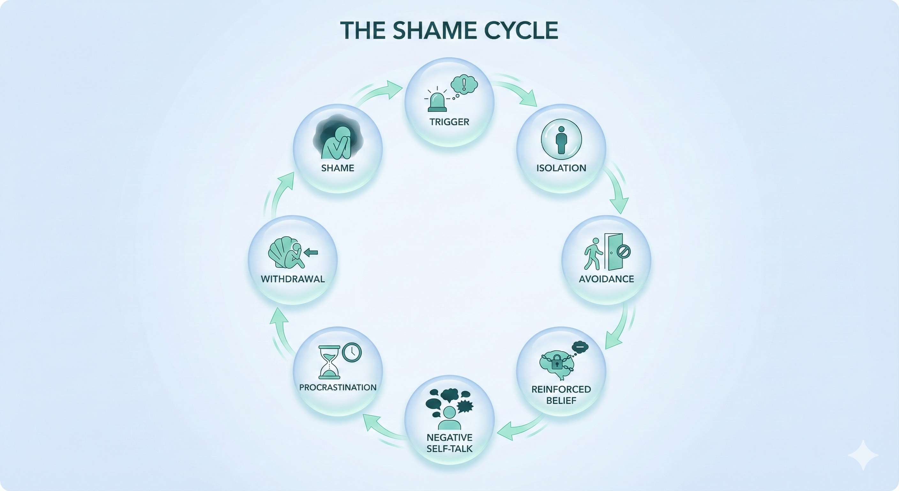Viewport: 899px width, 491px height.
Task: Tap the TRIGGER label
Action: click(449, 122)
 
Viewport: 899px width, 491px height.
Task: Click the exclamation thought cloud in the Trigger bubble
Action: click(464, 84)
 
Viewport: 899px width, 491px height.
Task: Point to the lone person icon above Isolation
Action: click(561, 140)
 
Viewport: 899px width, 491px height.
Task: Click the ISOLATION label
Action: click(561, 168)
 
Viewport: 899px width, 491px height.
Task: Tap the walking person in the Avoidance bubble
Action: click(593, 254)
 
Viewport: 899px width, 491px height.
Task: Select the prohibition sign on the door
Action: click(623, 251)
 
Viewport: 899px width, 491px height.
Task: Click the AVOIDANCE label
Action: click(606, 279)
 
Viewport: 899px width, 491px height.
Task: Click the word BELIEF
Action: click(561, 401)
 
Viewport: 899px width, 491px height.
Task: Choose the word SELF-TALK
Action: click(450, 449)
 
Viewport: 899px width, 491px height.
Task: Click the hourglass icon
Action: click(329, 362)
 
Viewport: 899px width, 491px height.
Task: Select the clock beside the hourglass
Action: click(352, 352)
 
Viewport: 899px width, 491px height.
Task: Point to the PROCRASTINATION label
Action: click(337, 387)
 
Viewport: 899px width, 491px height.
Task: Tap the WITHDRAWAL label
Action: click(293, 279)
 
